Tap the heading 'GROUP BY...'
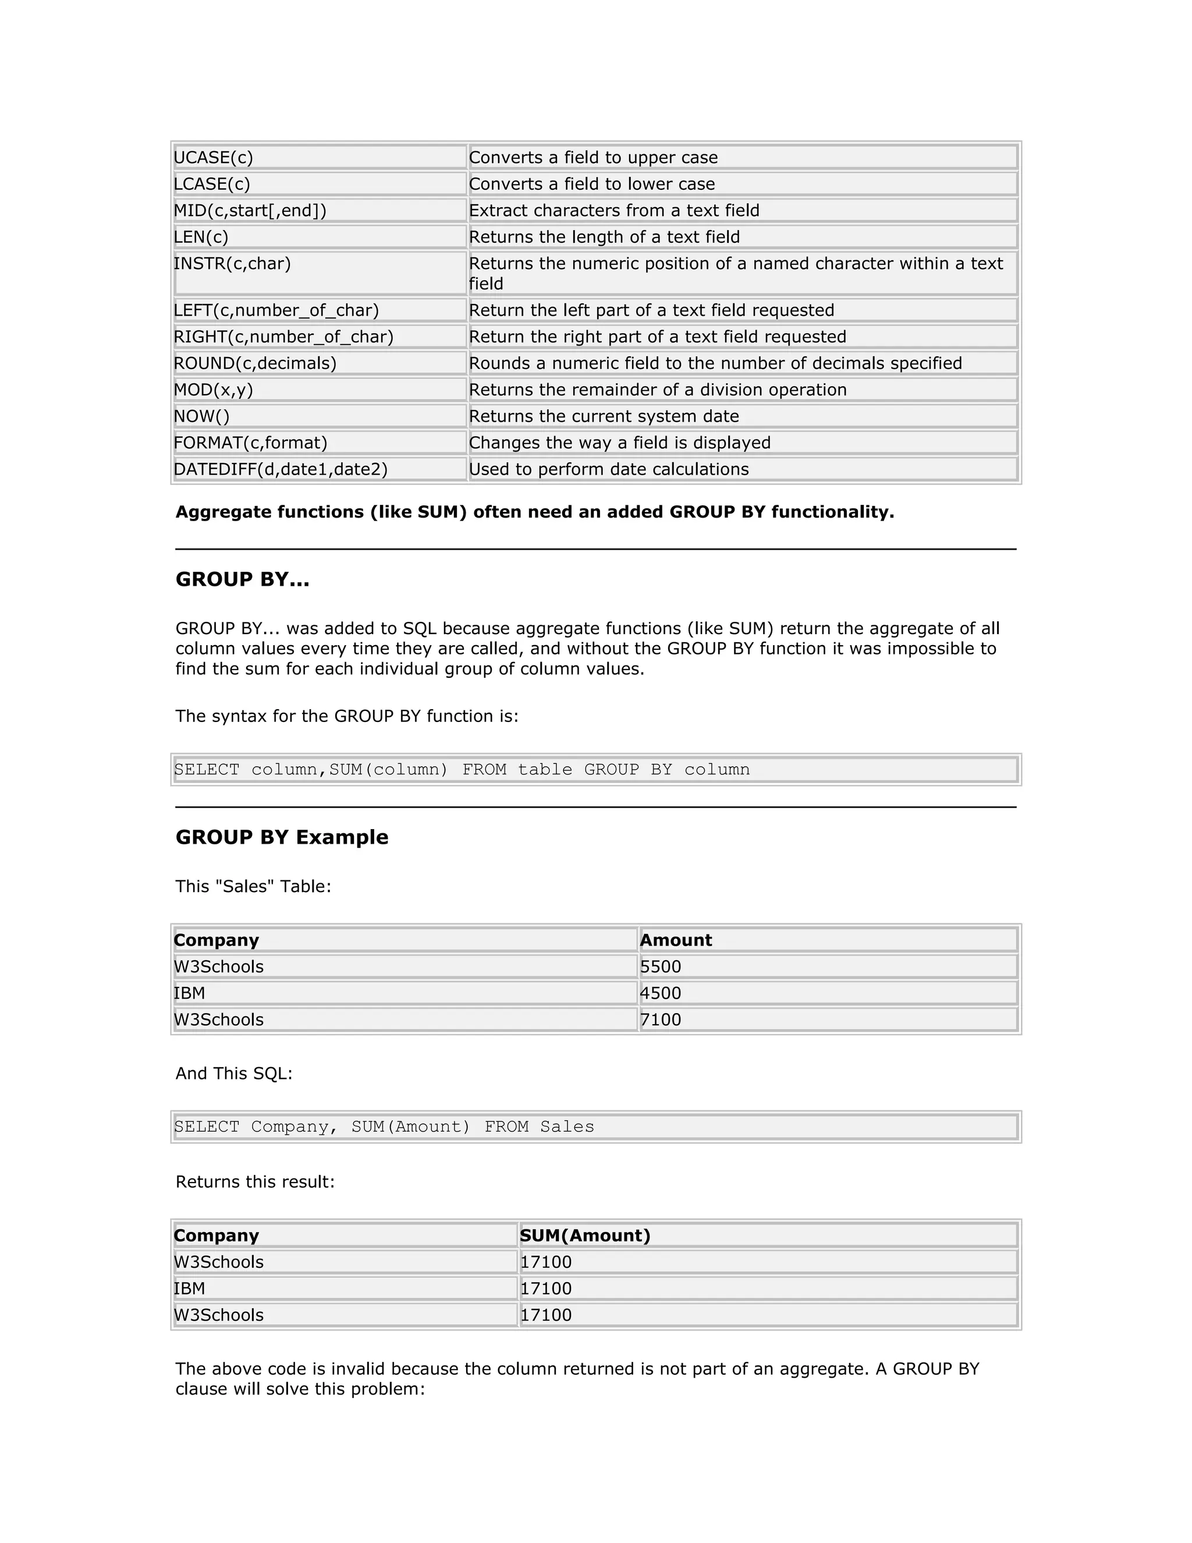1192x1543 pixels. coord(242,579)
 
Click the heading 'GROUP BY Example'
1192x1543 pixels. coord(282,837)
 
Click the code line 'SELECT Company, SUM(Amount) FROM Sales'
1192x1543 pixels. coord(384,1127)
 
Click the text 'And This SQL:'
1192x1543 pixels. coord(234,1074)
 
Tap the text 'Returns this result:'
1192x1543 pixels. coord(255,1182)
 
